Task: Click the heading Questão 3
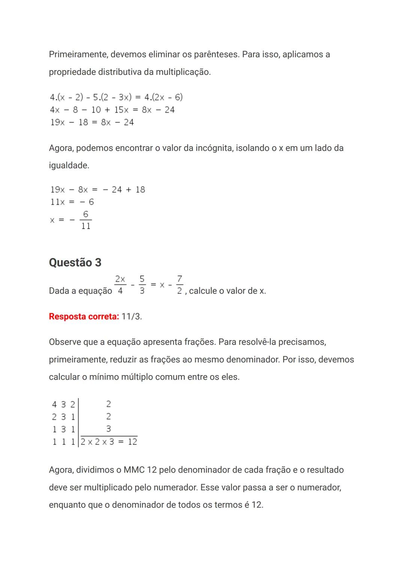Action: coord(75,263)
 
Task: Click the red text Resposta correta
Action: coord(84,317)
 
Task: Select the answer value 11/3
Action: coord(131,317)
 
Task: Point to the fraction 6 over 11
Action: coord(86,220)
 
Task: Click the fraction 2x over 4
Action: coord(120,285)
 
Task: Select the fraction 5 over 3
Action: coord(142,285)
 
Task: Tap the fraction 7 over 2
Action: coord(180,285)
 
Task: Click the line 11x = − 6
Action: coord(72,202)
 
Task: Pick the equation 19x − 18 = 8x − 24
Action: coord(92,122)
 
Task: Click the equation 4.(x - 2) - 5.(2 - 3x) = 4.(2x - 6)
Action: coord(116,98)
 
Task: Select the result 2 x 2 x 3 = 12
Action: coord(109,442)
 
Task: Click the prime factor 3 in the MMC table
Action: coord(108,429)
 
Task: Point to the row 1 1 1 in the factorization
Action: coord(63,442)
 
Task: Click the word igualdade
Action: coord(69,165)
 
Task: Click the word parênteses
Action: coord(216,54)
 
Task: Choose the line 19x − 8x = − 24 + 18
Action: coord(97,190)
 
